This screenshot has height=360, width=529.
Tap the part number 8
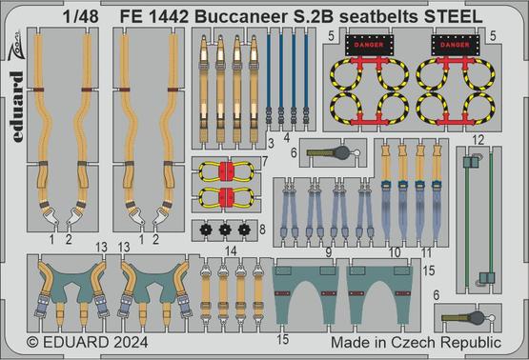point(263,230)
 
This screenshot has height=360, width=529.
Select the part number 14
point(231,250)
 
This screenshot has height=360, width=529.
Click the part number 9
point(329,252)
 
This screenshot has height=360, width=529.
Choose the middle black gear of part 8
point(225,230)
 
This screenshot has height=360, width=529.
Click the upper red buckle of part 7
point(227,171)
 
